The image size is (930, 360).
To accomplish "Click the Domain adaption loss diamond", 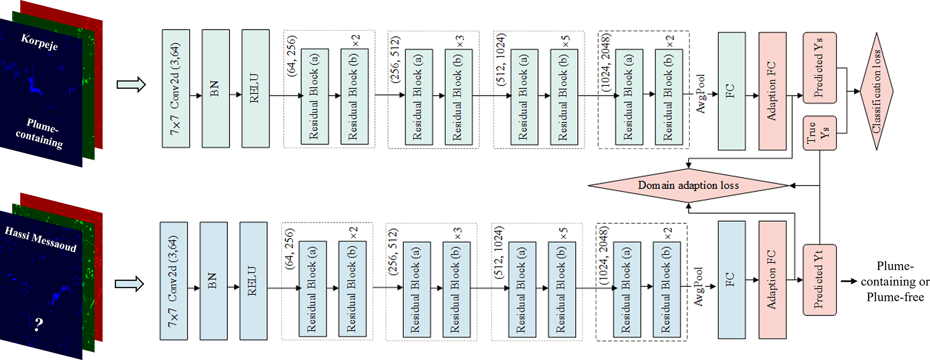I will pyautogui.click(x=688, y=185).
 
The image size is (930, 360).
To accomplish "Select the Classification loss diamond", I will pyautogui.click(x=876, y=91).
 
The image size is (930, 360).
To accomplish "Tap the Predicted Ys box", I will pyautogui.click(x=819, y=68).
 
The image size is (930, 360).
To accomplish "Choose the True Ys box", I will pyautogui.click(x=819, y=133).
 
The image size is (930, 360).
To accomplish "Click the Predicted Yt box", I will pyautogui.click(x=819, y=280).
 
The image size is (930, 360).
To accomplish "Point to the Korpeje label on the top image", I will pyautogui.click(x=40, y=42).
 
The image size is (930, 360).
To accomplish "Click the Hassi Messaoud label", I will pyautogui.click(x=40, y=239).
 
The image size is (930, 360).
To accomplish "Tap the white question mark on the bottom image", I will pyautogui.click(x=39, y=324).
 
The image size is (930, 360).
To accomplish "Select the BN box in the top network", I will pyautogui.click(x=216, y=89).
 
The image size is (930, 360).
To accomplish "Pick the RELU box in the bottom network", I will pyautogui.click(x=253, y=281).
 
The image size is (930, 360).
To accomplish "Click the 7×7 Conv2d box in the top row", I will pyautogui.click(x=175, y=89).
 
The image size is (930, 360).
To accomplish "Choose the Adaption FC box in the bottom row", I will pyautogui.click(x=772, y=280).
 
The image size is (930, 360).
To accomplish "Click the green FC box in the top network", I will pyautogui.click(x=732, y=91).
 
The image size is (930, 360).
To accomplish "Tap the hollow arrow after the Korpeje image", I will pyautogui.click(x=131, y=85).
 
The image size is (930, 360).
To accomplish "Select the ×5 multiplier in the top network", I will pyautogui.click(x=566, y=41).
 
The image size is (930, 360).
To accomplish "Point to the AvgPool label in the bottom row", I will pyautogui.click(x=698, y=287).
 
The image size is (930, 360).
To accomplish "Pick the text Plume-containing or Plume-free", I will pyautogui.click(x=894, y=282).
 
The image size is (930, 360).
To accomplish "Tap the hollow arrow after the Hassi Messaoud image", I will pyautogui.click(x=129, y=284).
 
